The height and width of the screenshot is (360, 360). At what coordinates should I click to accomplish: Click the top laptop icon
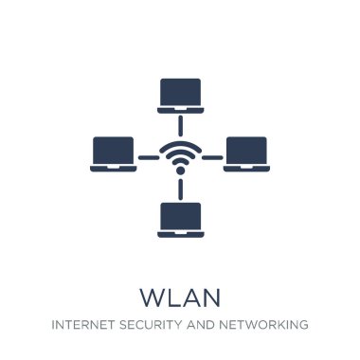(180, 94)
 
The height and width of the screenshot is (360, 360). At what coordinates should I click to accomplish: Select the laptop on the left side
(113, 153)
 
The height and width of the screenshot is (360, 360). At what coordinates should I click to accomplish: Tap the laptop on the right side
(246, 153)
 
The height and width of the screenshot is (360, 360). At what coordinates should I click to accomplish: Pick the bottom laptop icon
(180, 219)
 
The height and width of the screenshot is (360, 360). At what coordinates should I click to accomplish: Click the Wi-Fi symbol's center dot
(180, 171)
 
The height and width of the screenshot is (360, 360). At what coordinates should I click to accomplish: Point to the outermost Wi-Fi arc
(180, 145)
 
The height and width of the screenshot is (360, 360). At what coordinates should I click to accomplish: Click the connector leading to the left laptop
(149, 157)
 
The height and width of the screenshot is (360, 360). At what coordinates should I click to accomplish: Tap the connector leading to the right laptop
(211, 157)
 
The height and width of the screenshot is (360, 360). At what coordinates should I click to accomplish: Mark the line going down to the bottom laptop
(180, 189)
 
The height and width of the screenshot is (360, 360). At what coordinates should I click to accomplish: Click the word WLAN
(180, 297)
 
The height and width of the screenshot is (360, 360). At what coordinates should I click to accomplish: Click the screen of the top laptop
(180, 89)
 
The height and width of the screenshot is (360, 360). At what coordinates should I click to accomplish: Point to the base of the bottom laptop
(180, 234)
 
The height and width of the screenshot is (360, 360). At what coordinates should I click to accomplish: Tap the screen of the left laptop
(113, 150)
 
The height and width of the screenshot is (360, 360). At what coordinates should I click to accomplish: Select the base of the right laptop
(246, 169)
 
